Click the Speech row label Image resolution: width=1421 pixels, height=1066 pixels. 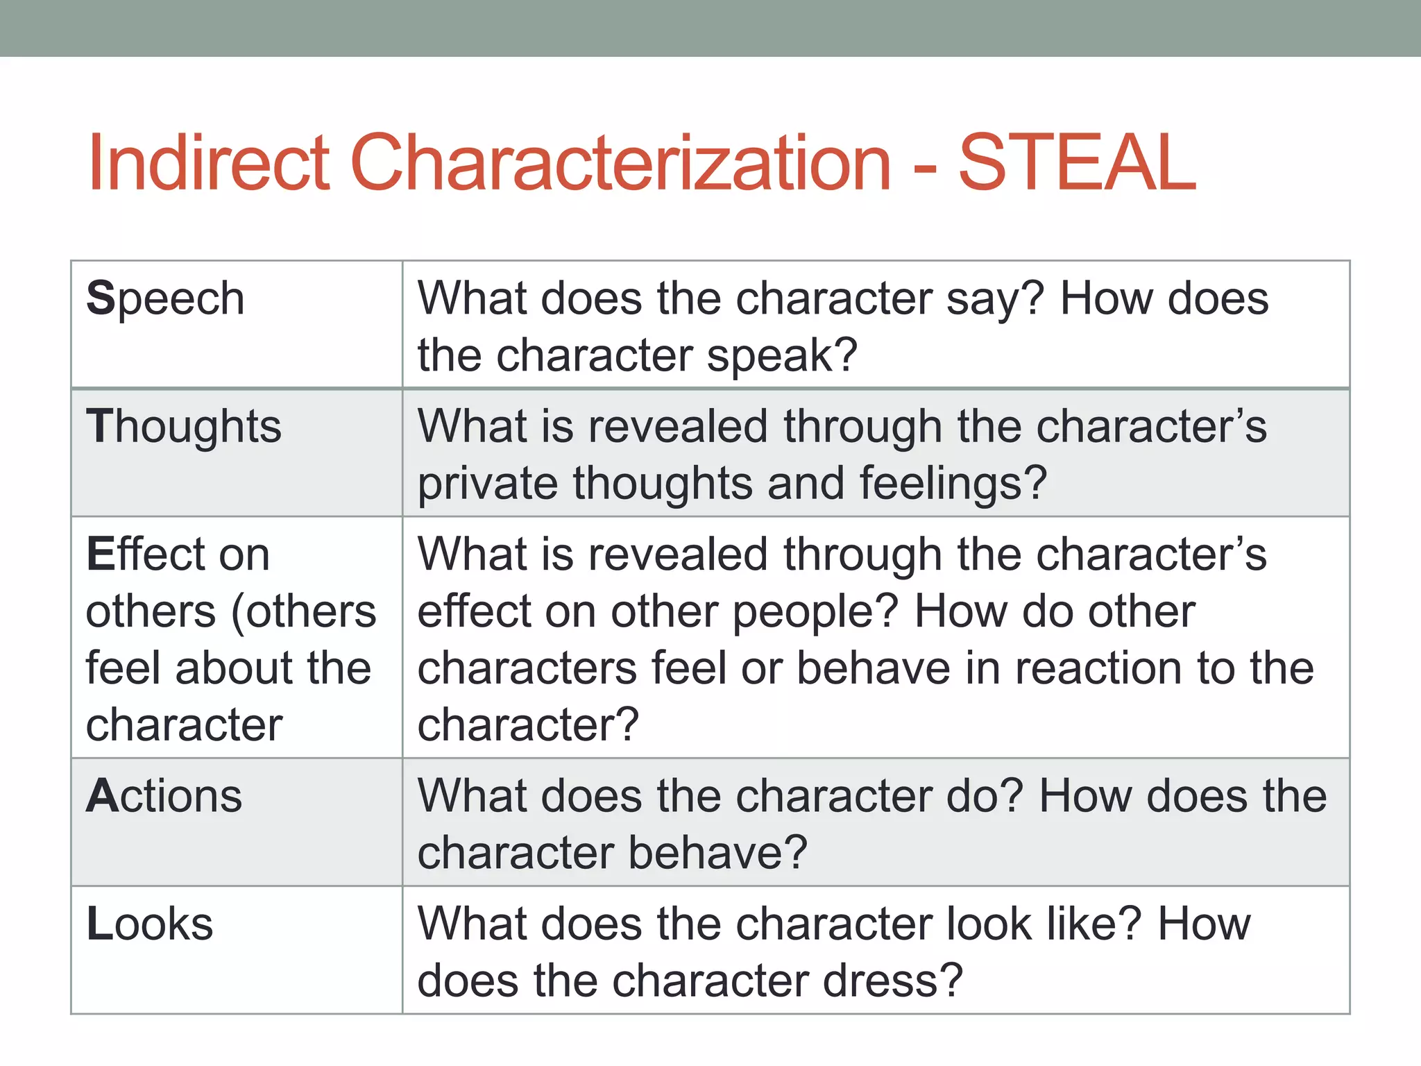point(165,299)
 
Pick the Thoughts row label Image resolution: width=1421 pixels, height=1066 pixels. point(184,427)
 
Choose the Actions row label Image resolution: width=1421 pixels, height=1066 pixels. point(164,796)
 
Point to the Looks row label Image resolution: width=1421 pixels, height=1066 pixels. point(149,924)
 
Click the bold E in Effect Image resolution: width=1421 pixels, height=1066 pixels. point(100,555)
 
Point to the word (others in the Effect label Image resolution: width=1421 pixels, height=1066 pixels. point(303,612)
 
